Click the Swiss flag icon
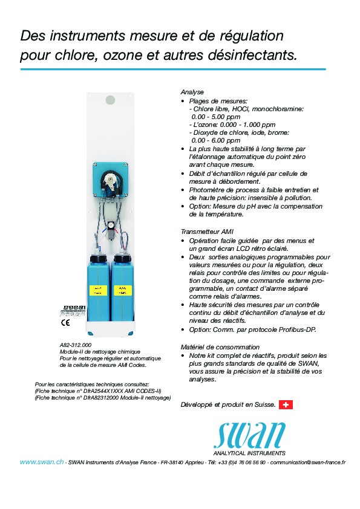[286, 404]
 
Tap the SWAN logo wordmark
[249, 435]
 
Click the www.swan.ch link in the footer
[42, 462]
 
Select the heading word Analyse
[192, 91]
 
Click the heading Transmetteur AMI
[207, 232]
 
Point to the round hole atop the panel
[110, 98]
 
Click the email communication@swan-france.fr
[307, 462]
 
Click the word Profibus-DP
[296, 329]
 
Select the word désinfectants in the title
[253, 55]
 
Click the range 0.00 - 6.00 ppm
[215, 140]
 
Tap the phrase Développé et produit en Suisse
[228, 404]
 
